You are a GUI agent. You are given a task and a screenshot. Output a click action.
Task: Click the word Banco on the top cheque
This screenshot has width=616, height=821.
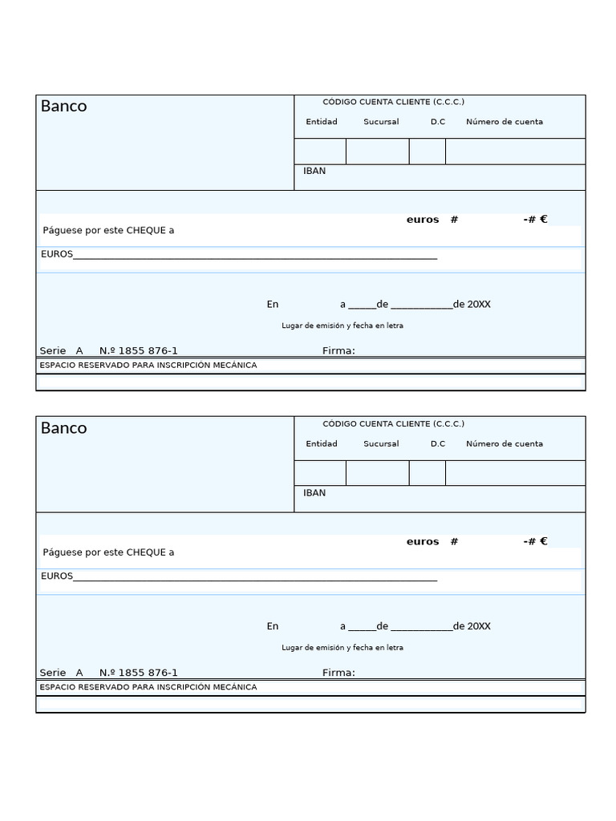[x=63, y=107]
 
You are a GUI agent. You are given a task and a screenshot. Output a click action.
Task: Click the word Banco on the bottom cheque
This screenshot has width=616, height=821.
[x=63, y=428]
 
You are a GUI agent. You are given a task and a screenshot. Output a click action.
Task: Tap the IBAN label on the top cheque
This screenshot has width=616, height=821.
[x=314, y=171]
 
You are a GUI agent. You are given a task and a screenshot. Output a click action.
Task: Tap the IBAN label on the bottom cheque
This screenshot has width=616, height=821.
[x=314, y=492]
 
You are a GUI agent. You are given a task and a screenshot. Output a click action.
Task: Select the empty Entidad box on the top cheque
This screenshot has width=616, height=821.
[x=320, y=152]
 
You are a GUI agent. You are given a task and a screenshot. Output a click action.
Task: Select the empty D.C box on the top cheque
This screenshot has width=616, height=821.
[x=427, y=152]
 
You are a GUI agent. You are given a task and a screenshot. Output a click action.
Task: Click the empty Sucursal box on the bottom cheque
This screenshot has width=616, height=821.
[x=377, y=473]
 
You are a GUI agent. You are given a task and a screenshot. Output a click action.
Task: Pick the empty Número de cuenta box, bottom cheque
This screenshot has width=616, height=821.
[x=515, y=473]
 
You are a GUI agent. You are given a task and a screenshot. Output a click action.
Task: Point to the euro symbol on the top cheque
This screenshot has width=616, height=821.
[x=544, y=219]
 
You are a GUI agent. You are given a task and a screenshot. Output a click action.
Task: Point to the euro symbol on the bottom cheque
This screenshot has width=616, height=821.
[x=544, y=541]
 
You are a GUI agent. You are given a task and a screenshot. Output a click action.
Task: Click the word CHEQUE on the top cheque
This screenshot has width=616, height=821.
[x=146, y=230]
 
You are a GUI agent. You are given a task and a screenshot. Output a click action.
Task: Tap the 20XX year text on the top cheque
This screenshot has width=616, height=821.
[x=479, y=304]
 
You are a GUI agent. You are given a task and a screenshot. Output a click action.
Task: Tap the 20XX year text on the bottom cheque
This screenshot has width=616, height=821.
[x=479, y=626]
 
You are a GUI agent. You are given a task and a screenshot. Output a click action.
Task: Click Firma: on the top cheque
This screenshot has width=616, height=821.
[x=338, y=350]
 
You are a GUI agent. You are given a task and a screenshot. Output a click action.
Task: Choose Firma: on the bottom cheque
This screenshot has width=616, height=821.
[x=338, y=673]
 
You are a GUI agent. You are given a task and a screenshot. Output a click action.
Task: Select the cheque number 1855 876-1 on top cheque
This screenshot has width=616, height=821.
[x=148, y=350]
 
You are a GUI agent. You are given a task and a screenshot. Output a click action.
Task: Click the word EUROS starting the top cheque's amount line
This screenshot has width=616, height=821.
[x=56, y=254]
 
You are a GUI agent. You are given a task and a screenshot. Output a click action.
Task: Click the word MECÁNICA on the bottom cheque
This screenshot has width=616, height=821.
[x=237, y=687]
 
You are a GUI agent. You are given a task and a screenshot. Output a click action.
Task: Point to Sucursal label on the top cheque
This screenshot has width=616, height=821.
[x=381, y=122]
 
